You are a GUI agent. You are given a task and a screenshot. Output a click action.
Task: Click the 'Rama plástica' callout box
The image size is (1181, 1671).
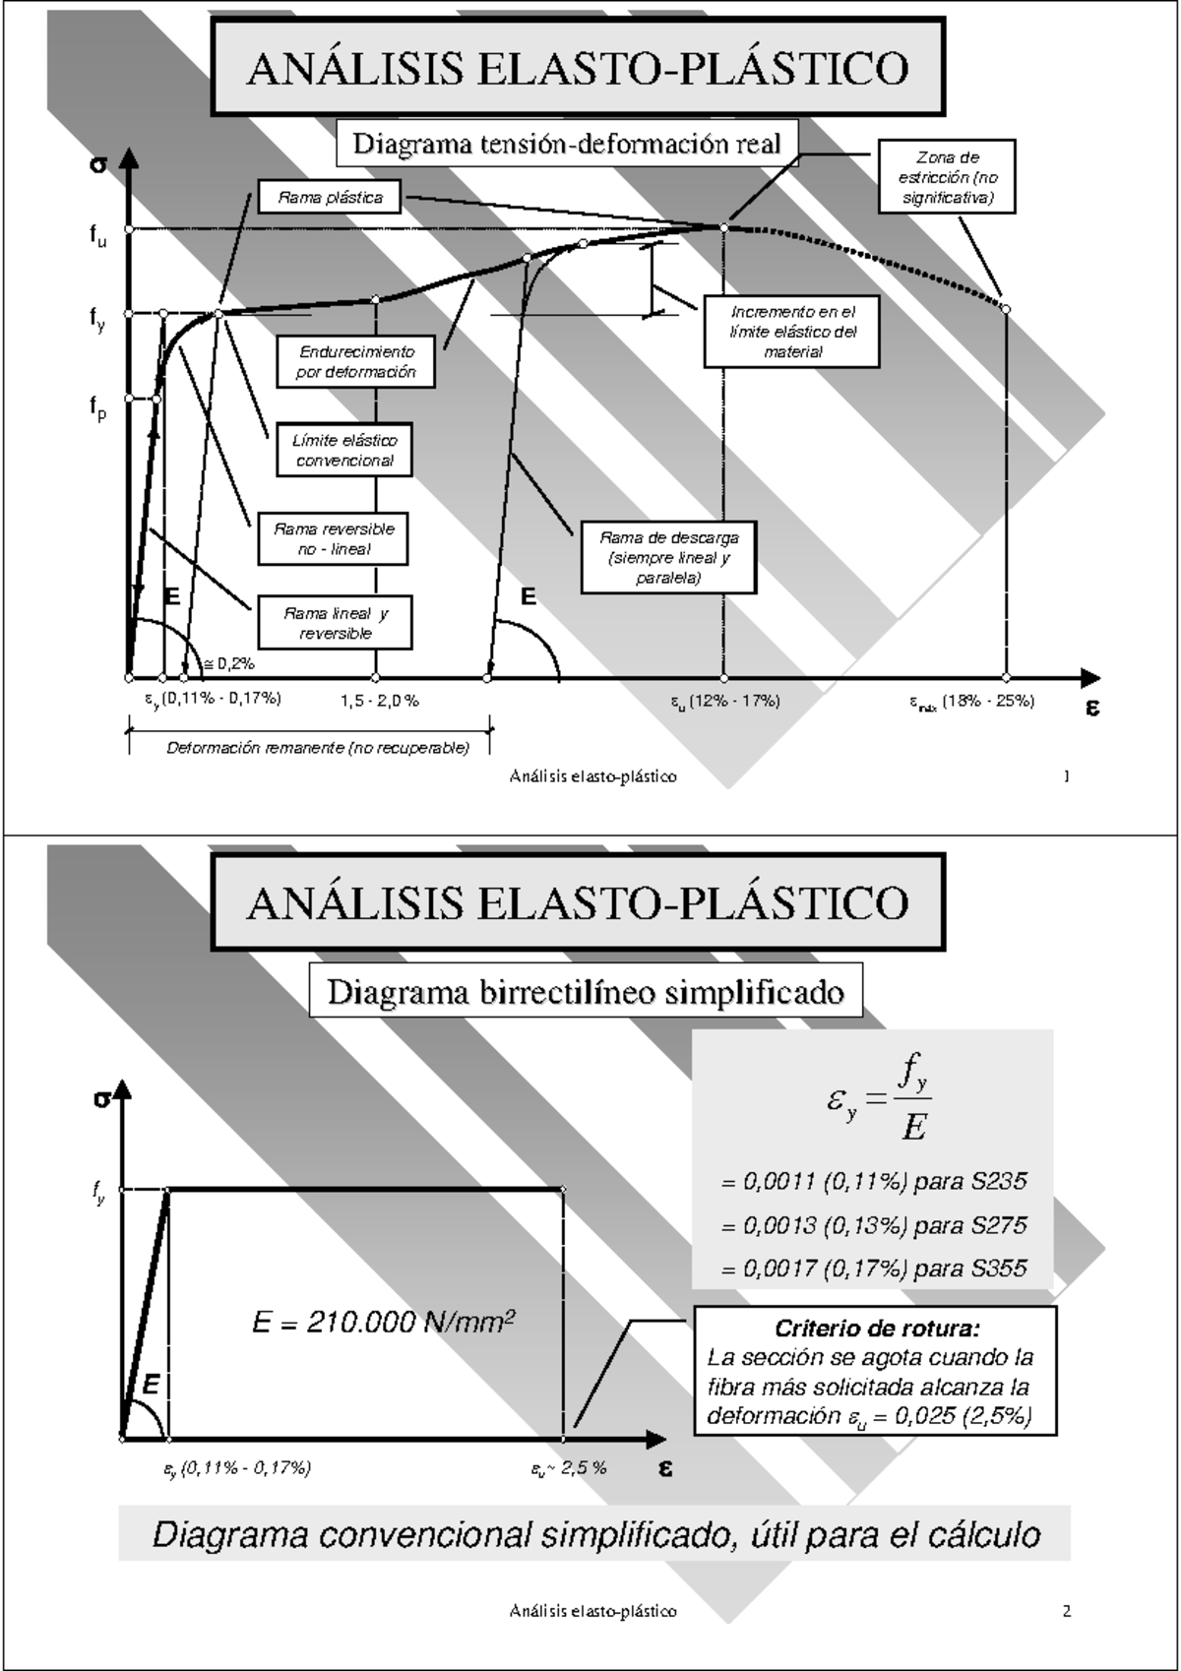click(x=331, y=197)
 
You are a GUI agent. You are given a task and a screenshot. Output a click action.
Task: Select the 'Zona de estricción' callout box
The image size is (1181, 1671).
click(x=947, y=177)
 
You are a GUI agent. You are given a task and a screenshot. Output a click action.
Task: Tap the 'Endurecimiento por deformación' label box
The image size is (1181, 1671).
click(x=355, y=362)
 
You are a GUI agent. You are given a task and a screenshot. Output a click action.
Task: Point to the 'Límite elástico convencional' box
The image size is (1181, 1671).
click(x=344, y=451)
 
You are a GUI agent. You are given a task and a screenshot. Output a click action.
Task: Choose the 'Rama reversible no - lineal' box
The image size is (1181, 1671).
click(x=334, y=539)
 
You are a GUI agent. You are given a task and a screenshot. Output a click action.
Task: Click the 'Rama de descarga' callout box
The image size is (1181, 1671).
click(x=668, y=557)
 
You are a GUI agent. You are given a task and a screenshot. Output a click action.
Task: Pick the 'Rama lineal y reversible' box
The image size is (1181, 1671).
click(x=335, y=623)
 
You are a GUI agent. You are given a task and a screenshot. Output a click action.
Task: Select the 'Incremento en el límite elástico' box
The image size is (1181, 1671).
click(x=791, y=332)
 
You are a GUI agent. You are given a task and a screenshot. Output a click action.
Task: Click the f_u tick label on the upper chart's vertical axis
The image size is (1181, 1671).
click(x=97, y=235)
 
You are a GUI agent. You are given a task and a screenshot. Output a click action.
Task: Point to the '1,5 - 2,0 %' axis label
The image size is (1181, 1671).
click(x=380, y=701)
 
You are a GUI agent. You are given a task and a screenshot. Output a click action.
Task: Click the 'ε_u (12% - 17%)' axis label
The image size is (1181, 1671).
click(x=725, y=701)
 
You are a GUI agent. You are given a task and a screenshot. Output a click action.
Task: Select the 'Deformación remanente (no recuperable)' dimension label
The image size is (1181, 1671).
click(x=317, y=748)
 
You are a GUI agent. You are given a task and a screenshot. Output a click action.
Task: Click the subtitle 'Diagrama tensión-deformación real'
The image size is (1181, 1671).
click(x=567, y=144)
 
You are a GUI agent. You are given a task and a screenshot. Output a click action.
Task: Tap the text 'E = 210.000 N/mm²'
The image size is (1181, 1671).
click(x=384, y=1322)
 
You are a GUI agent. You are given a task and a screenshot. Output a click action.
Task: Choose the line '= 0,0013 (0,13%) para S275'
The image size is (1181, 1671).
click(x=874, y=1225)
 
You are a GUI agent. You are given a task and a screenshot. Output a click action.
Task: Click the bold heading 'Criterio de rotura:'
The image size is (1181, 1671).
click(x=877, y=1329)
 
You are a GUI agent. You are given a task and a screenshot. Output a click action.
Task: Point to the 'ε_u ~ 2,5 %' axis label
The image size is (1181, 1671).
click(x=569, y=1468)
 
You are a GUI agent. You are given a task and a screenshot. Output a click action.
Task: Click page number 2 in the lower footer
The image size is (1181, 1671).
click(x=1066, y=1611)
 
